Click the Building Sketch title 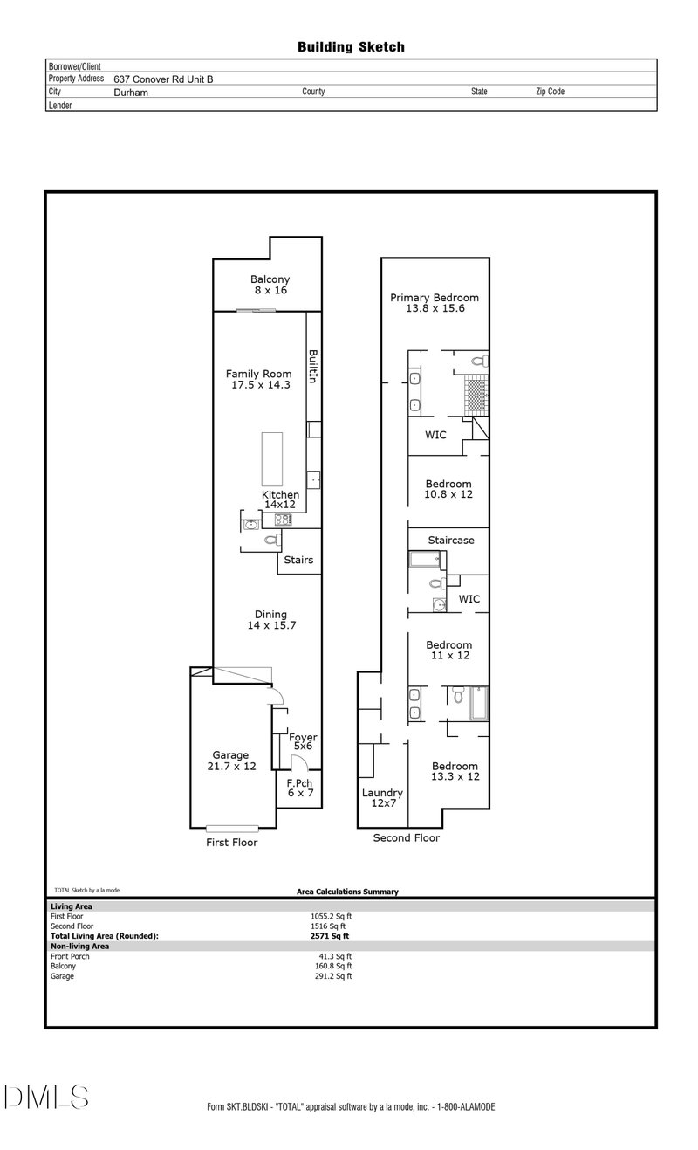[351, 47]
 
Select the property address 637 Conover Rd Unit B [163, 79]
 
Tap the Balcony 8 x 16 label [270, 285]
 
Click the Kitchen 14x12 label [280, 500]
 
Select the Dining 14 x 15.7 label [270, 620]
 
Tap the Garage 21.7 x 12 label [230, 761]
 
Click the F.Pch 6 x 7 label [298, 788]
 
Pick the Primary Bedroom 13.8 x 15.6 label [434, 303]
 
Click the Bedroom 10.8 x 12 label [448, 489]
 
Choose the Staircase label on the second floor [451, 541]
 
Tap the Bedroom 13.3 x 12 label [455, 771]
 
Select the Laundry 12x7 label [382, 798]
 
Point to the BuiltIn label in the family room [312, 368]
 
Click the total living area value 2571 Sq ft [323, 935]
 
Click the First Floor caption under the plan [231, 843]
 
